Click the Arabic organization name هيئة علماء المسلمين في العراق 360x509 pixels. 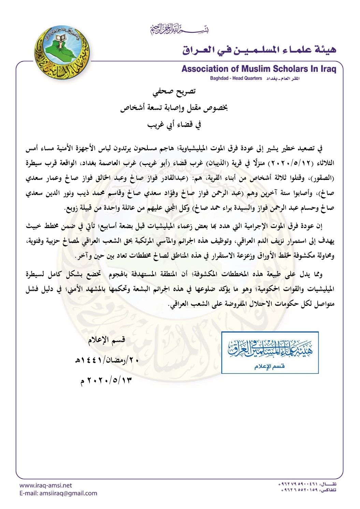[x=259, y=50]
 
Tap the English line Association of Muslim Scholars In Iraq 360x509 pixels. [x=259, y=69]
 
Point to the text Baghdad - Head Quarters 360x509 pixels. [x=236, y=79]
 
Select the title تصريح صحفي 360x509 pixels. [x=174, y=92]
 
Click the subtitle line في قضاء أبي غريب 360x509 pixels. [x=174, y=125]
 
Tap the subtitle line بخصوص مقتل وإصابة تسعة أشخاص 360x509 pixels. [x=174, y=108]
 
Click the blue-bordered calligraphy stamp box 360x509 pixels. [x=270, y=352]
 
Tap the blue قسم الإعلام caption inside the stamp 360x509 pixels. [x=269, y=367]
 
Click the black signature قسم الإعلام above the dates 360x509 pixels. [x=106, y=340]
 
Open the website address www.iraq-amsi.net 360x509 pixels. [x=46, y=485]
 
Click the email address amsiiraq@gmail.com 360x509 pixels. [x=68, y=493]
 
